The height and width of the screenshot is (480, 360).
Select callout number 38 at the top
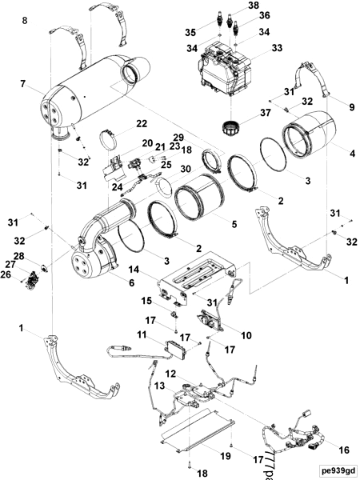pos(254,6)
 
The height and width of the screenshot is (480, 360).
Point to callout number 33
pos(277,49)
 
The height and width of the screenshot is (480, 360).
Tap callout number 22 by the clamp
pos(141,124)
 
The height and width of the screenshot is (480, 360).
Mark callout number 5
pos(233,225)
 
